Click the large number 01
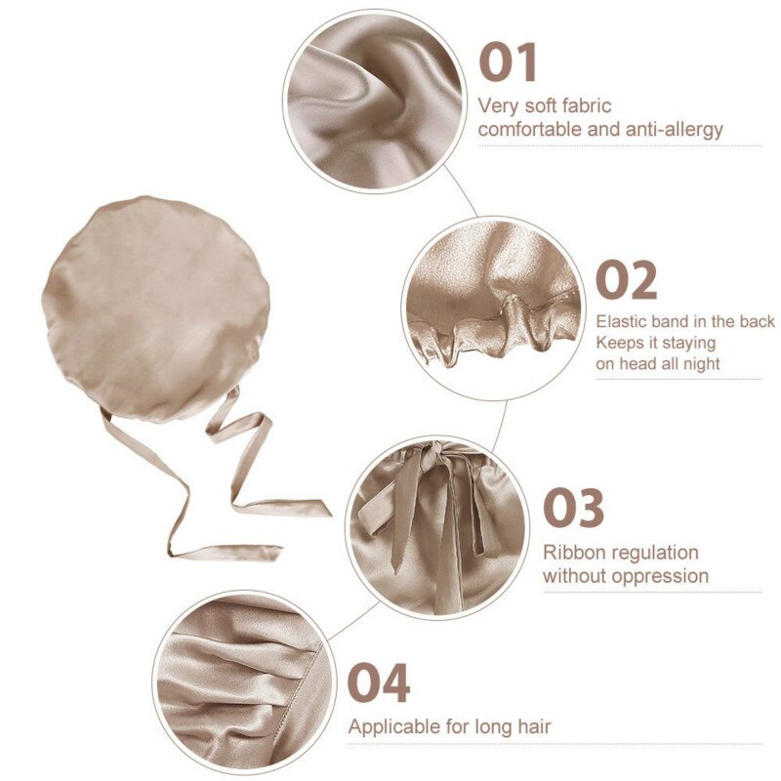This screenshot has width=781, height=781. pyautogui.click(x=508, y=62)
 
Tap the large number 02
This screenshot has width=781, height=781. pyautogui.click(x=626, y=280)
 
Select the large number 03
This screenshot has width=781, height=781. pyautogui.click(x=573, y=508)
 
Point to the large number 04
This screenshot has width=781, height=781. pyautogui.click(x=379, y=681)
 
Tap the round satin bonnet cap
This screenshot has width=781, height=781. pyautogui.click(x=155, y=308)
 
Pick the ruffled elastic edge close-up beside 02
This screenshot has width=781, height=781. pyautogui.click(x=493, y=308)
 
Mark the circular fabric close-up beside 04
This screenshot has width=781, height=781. pyautogui.click(x=243, y=681)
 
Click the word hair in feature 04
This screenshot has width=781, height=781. pyautogui.click(x=534, y=726)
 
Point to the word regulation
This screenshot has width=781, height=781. pyautogui.click(x=659, y=554)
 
